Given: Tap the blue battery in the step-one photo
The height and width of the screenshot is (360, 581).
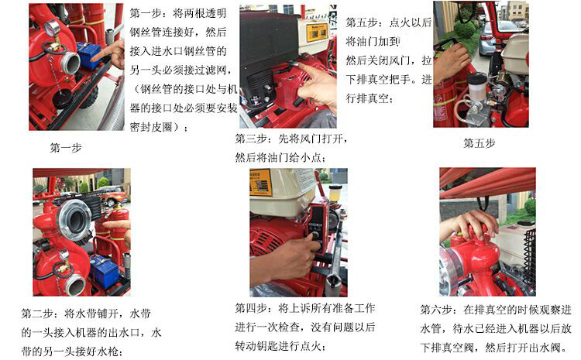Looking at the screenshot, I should [x=91, y=57].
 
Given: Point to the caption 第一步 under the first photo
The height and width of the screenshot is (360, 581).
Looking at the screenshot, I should [x=65, y=147].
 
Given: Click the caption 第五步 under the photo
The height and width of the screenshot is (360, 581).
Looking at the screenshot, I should [x=479, y=142].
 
